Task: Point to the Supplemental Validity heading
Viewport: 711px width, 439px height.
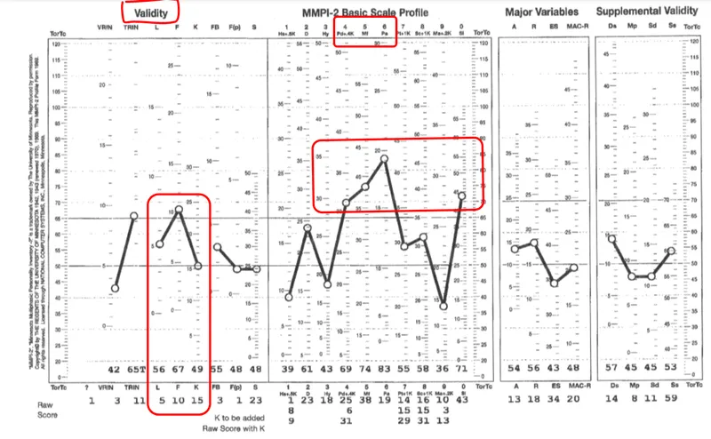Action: click(x=645, y=12)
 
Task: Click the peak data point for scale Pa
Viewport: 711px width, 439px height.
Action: click(x=384, y=159)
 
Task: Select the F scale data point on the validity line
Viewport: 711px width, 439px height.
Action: click(x=178, y=210)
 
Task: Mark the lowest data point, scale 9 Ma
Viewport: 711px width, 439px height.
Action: click(x=443, y=306)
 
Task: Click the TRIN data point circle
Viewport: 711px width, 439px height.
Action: click(x=134, y=216)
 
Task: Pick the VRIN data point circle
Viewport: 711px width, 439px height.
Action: click(x=115, y=288)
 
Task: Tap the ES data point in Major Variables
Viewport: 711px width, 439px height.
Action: click(x=554, y=283)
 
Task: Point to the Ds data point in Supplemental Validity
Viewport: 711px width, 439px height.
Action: click(x=611, y=238)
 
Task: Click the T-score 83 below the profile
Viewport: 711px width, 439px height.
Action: click(x=384, y=368)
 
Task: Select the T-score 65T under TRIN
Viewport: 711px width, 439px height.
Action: click(x=134, y=368)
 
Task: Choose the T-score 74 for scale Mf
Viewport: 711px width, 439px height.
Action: click(x=364, y=368)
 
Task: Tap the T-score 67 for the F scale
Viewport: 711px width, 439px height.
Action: click(x=178, y=368)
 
